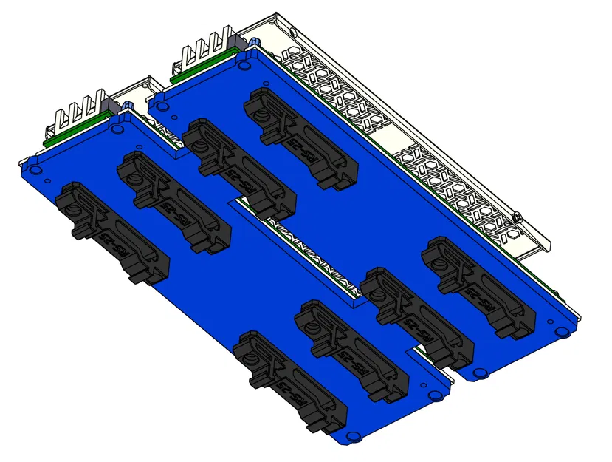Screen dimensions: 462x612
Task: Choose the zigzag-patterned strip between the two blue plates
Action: pos(310,251)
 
